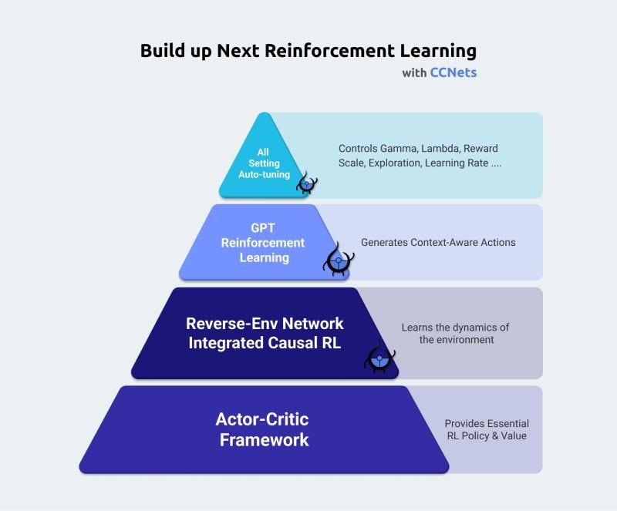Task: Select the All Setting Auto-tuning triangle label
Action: tap(264, 163)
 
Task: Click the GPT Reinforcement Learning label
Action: tap(263, 242)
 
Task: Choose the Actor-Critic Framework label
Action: tap(262, 430)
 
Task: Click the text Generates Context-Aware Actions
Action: tap(438, 242)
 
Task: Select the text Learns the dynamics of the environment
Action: tap(455, 333)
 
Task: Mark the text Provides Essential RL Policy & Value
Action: tap(487, 430)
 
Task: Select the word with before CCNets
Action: tap(414, 73)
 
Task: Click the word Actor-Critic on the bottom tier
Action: tap(262, 420)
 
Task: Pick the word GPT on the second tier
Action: tap(263, 228)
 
